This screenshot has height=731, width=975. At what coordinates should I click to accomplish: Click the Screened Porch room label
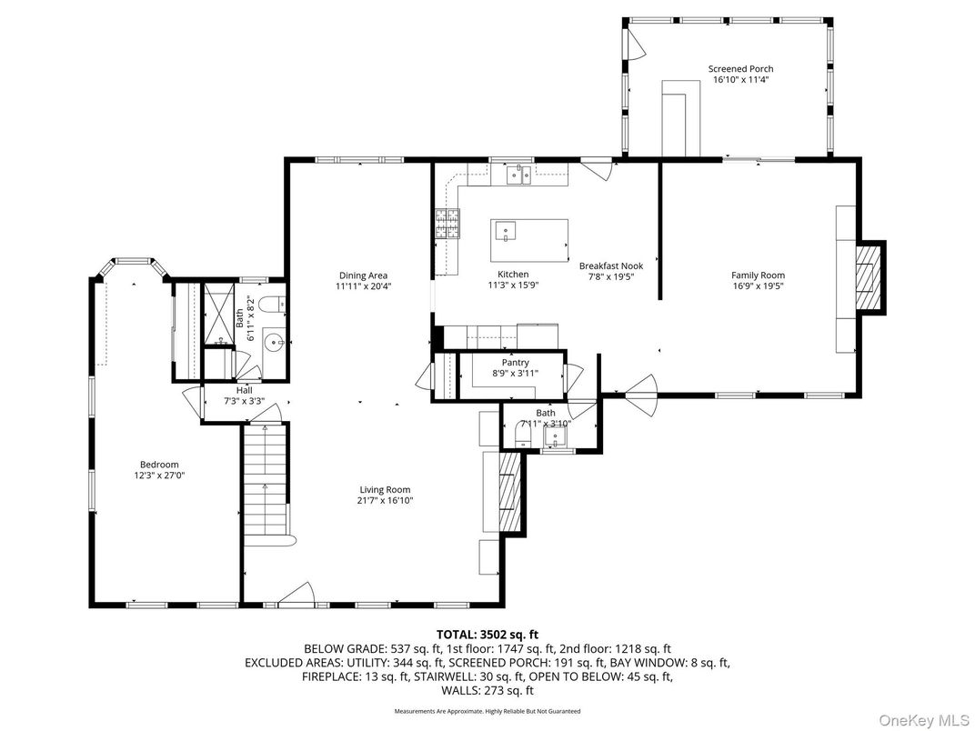(740, 69)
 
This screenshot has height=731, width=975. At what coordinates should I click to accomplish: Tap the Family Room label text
(758, 275)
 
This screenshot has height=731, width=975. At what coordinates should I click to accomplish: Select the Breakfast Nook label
(610, 266)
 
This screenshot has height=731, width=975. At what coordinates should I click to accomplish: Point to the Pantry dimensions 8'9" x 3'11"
(515, 374)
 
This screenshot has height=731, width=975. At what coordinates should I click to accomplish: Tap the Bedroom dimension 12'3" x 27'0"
(159, 475)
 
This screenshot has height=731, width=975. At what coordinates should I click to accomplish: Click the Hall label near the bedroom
(219, 390)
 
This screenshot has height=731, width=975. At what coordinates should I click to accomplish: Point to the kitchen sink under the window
(518, 175)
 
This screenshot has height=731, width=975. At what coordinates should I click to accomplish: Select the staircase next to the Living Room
(264, 482)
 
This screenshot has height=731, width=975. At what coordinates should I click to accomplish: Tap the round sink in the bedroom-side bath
(273, 342)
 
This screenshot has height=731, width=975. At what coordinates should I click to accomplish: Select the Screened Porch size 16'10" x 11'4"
(740, 80)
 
